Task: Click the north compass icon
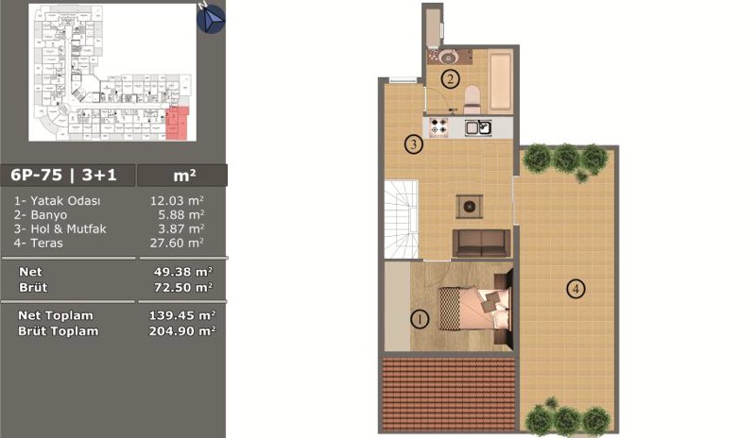point(211,18)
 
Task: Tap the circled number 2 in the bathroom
point(451,78)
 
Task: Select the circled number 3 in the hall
point(414,144)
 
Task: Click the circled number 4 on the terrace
point(576,289)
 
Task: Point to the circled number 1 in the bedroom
point(419,319)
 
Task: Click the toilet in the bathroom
point(471,96)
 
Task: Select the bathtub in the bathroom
point(501,80)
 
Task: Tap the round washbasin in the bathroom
point(448,57)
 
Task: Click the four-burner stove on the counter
point(438,127)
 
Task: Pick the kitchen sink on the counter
point(478,127)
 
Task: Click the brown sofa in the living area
point(481,243)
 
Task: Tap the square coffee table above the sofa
point(469,207)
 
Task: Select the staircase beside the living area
point(401,219)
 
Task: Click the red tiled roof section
point(449,395)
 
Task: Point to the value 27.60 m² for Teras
point(177,243)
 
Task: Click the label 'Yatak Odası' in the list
point(65,201)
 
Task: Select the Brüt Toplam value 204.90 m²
point(181,331)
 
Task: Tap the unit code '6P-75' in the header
point(37,175)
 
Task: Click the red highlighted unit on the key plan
point(178,123)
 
